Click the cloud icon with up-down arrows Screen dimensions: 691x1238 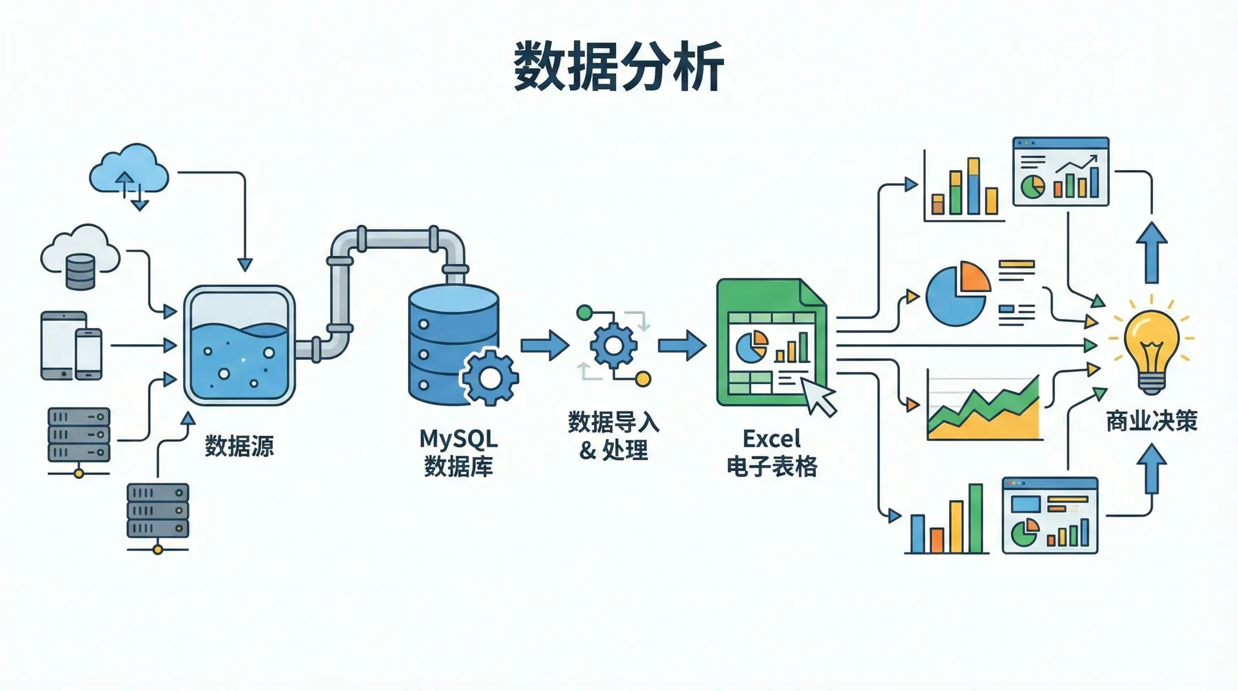click(x=129, y=170)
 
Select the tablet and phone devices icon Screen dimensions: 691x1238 click(x=72, y=346)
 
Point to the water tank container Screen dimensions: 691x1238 click(x=239, y=346)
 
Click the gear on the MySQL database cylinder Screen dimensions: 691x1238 click(x=490, y=377)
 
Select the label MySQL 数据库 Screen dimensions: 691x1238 click(x=458, y=453)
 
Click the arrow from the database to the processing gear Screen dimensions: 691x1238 click(x=544, y=345)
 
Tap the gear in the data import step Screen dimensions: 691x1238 click(x=613, y=346)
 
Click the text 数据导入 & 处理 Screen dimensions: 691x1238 click(x=613, y=436)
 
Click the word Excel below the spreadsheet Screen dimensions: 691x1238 click(x=771, y=439)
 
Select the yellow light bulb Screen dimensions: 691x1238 click(x=1152, y=342)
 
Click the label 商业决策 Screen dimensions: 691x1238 click(x=1152, y=422)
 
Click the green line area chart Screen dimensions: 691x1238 click(x=983, y=409)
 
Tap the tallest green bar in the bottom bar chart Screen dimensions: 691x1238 click(x=976, y=519)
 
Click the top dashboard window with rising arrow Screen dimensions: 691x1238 click(x=1060, y=171)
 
